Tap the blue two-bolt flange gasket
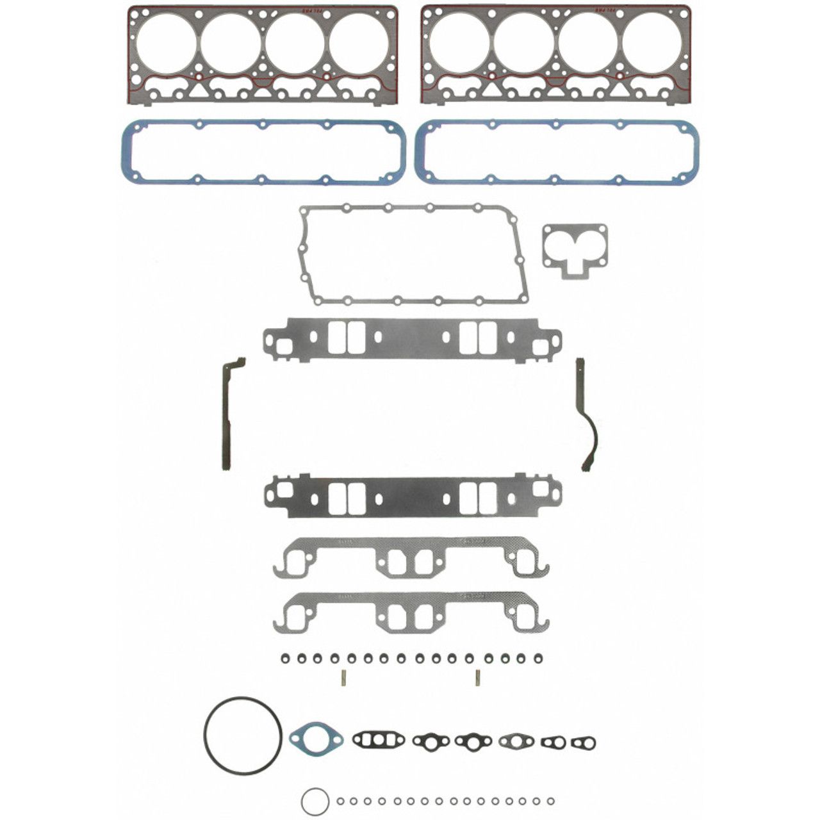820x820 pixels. click(x=316, y=739)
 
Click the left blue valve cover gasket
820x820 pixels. click(x=124, y=152)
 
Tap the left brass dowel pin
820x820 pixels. click(x=344, y=677)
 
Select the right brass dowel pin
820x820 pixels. click(x=477, y=677)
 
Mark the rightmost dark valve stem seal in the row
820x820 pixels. click(x=537, y=658)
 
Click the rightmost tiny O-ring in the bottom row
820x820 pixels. click(x=550, y=801)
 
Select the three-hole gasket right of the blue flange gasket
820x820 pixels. click(x=378, y=740)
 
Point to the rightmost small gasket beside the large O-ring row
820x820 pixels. click(x=583, y=743)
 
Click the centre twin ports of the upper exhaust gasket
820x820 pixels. click(x=411, y=563)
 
